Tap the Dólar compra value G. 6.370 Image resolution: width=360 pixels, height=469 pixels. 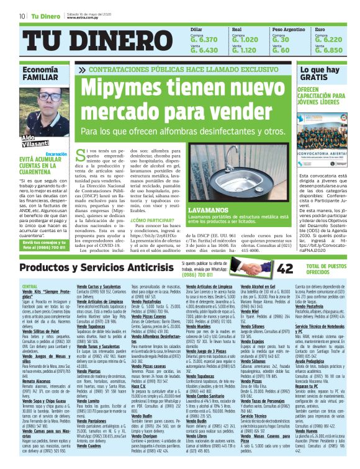tap(204, 39)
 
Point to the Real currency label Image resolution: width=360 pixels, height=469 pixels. tap(236, 29)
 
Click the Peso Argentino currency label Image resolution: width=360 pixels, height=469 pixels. tap(289, 29)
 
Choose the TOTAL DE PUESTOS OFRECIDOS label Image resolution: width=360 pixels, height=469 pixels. tap(326, 269)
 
